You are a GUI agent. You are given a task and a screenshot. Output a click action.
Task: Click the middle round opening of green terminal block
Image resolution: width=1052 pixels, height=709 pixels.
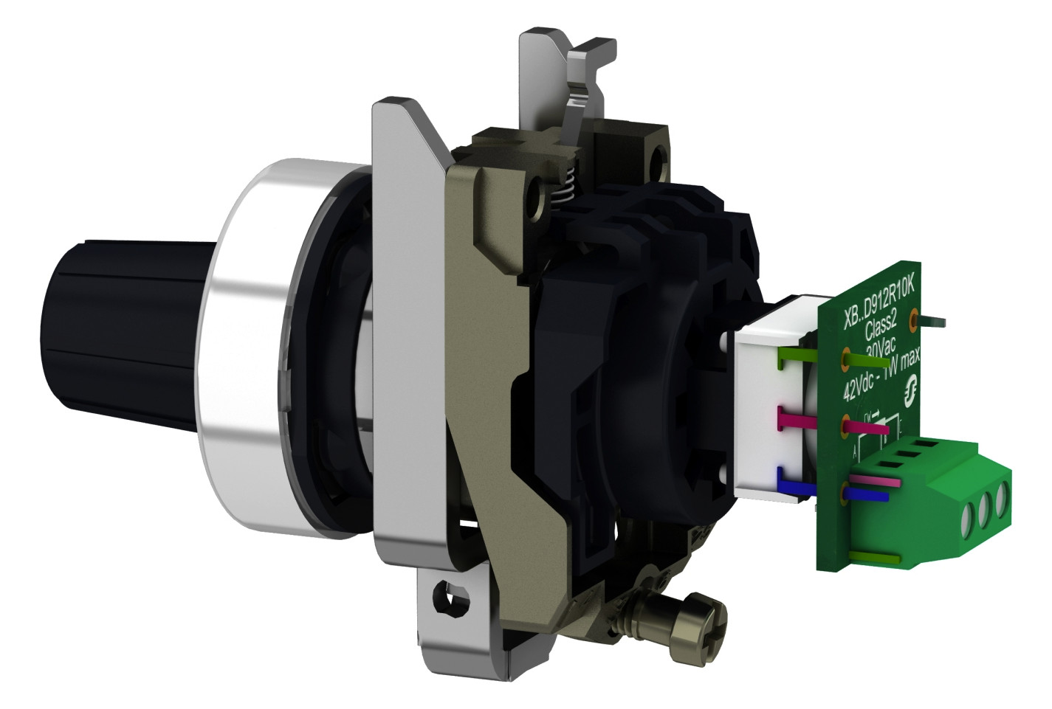(x=984, y=506)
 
